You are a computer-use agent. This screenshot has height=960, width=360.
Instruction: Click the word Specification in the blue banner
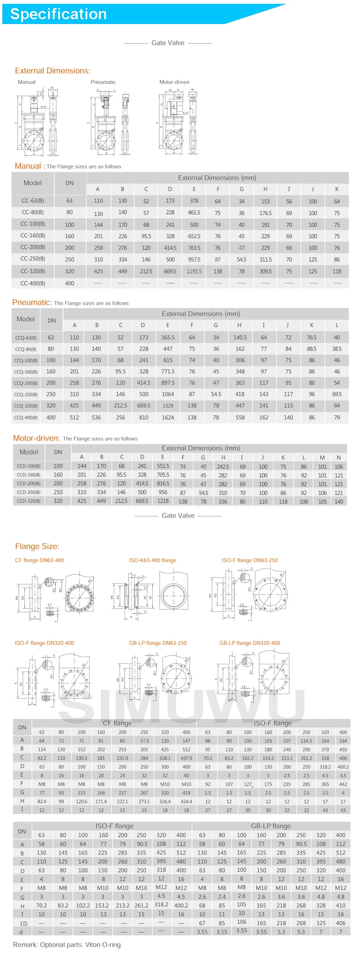58,14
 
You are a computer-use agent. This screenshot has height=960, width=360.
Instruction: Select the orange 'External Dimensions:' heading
52,71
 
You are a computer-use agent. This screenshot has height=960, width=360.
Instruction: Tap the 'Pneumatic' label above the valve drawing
103,82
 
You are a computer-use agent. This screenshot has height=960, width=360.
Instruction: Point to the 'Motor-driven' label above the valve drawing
174,82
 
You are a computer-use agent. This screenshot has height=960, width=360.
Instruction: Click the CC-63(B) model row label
33,201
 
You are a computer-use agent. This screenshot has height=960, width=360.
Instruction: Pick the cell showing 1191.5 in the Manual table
194,271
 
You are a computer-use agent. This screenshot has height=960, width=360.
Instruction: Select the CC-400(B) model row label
33,283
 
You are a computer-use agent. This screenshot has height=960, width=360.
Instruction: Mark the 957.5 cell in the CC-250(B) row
194,259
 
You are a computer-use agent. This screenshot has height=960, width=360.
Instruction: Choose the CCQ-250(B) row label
26,395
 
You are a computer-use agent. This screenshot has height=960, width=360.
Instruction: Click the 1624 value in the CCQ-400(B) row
168,418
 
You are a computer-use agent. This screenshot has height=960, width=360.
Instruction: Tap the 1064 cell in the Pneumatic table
168,394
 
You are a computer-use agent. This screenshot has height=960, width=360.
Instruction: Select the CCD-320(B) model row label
28,501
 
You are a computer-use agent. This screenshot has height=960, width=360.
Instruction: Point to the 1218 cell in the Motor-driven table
163,501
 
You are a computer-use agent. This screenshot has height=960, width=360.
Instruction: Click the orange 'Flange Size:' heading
37,546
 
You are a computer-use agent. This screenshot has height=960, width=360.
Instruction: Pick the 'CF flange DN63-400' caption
39,560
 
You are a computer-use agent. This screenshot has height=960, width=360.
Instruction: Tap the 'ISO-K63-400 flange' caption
152,560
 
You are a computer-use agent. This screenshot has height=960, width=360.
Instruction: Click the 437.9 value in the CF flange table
186,758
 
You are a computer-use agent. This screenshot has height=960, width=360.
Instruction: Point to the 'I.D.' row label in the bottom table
24,923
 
